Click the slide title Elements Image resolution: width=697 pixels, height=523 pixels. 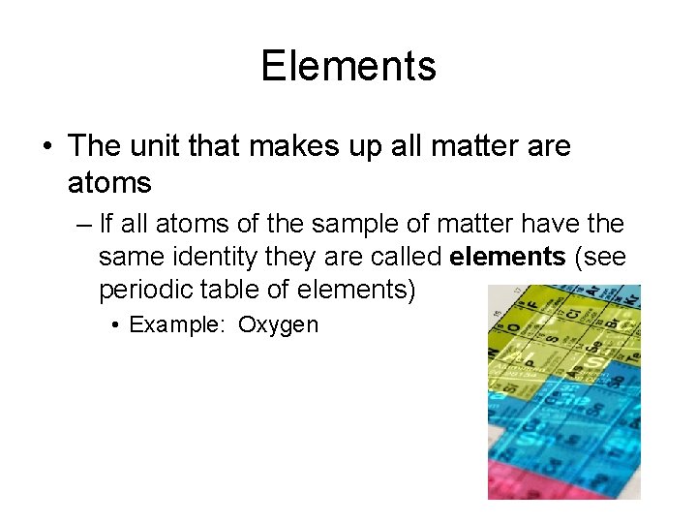point(348,66)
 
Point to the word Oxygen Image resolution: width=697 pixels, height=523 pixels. point(278,324)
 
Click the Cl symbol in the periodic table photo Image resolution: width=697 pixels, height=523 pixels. point(572,315)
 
